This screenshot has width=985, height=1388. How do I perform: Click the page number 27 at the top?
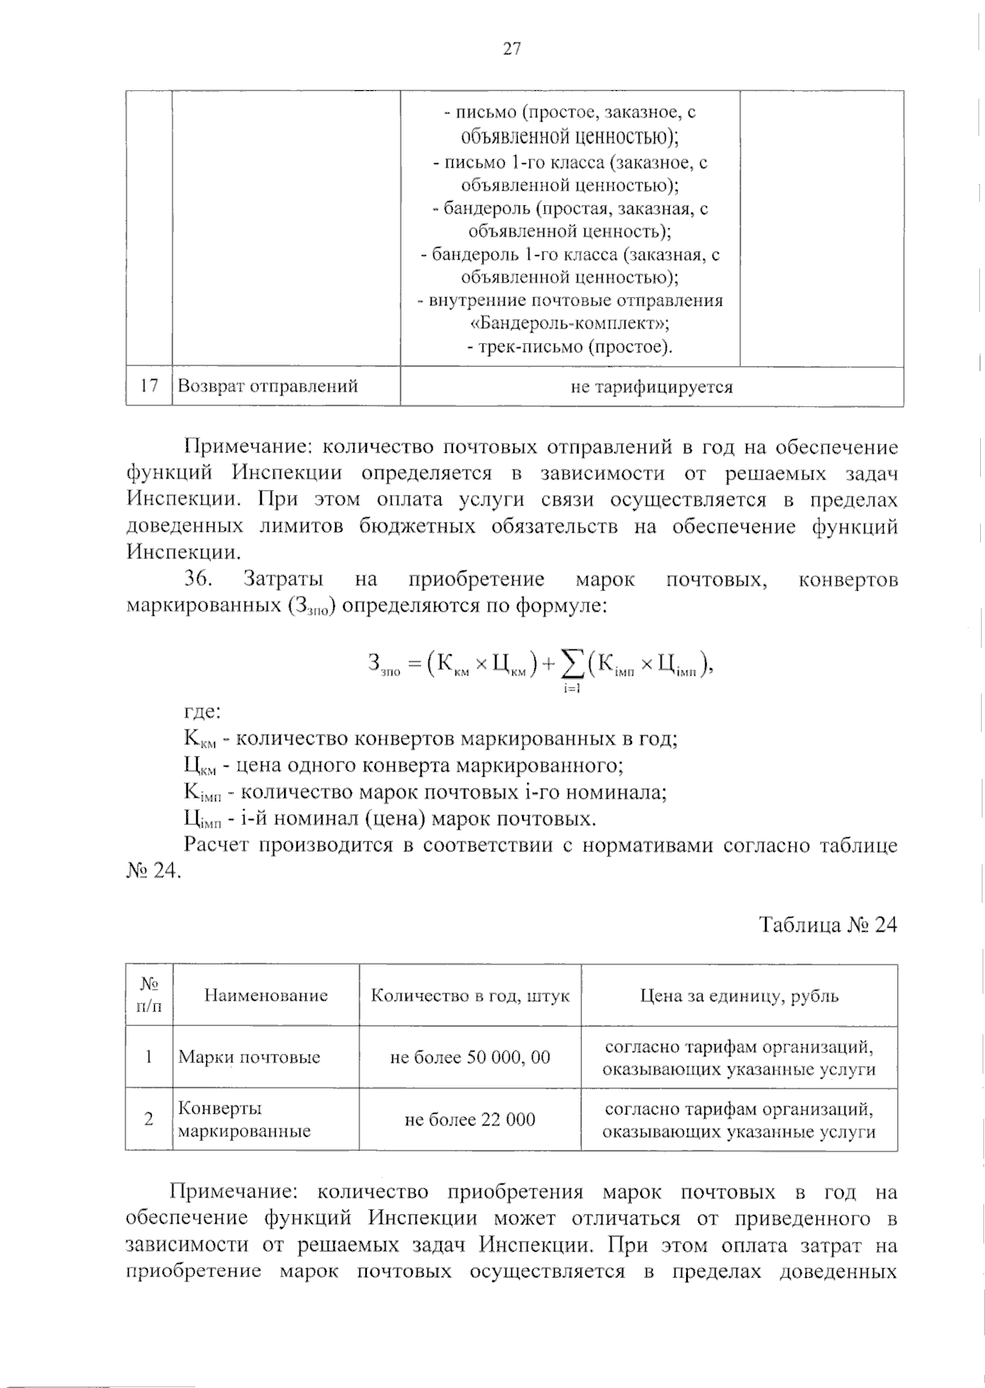511,49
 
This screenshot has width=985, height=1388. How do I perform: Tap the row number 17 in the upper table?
149,386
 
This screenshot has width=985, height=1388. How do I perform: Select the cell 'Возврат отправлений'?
268,387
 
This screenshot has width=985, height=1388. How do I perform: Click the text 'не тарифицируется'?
651,387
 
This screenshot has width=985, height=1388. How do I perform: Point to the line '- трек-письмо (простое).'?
570,346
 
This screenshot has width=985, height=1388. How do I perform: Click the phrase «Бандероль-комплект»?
570,323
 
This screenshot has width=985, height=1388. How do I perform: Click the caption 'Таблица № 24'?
827,925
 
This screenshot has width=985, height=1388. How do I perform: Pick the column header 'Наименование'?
266,996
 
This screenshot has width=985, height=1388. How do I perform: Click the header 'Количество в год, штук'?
470,996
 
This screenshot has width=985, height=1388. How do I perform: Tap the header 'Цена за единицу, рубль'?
739,996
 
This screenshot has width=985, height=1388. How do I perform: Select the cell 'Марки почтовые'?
249,1057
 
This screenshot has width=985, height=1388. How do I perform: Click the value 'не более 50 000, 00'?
470,1057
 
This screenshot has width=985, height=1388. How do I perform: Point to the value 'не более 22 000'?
470,1120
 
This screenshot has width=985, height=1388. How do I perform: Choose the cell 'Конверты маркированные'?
244,1120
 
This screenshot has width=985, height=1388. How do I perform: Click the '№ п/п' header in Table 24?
149,995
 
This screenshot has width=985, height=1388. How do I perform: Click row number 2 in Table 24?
149,1119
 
